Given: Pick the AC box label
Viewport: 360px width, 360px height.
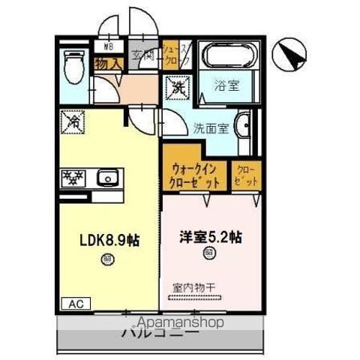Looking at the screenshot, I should [x=76, y=304].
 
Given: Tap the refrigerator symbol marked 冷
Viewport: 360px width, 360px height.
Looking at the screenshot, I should [x=74, y=121].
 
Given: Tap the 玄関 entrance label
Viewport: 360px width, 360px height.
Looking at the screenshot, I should [x=142, y=53].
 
